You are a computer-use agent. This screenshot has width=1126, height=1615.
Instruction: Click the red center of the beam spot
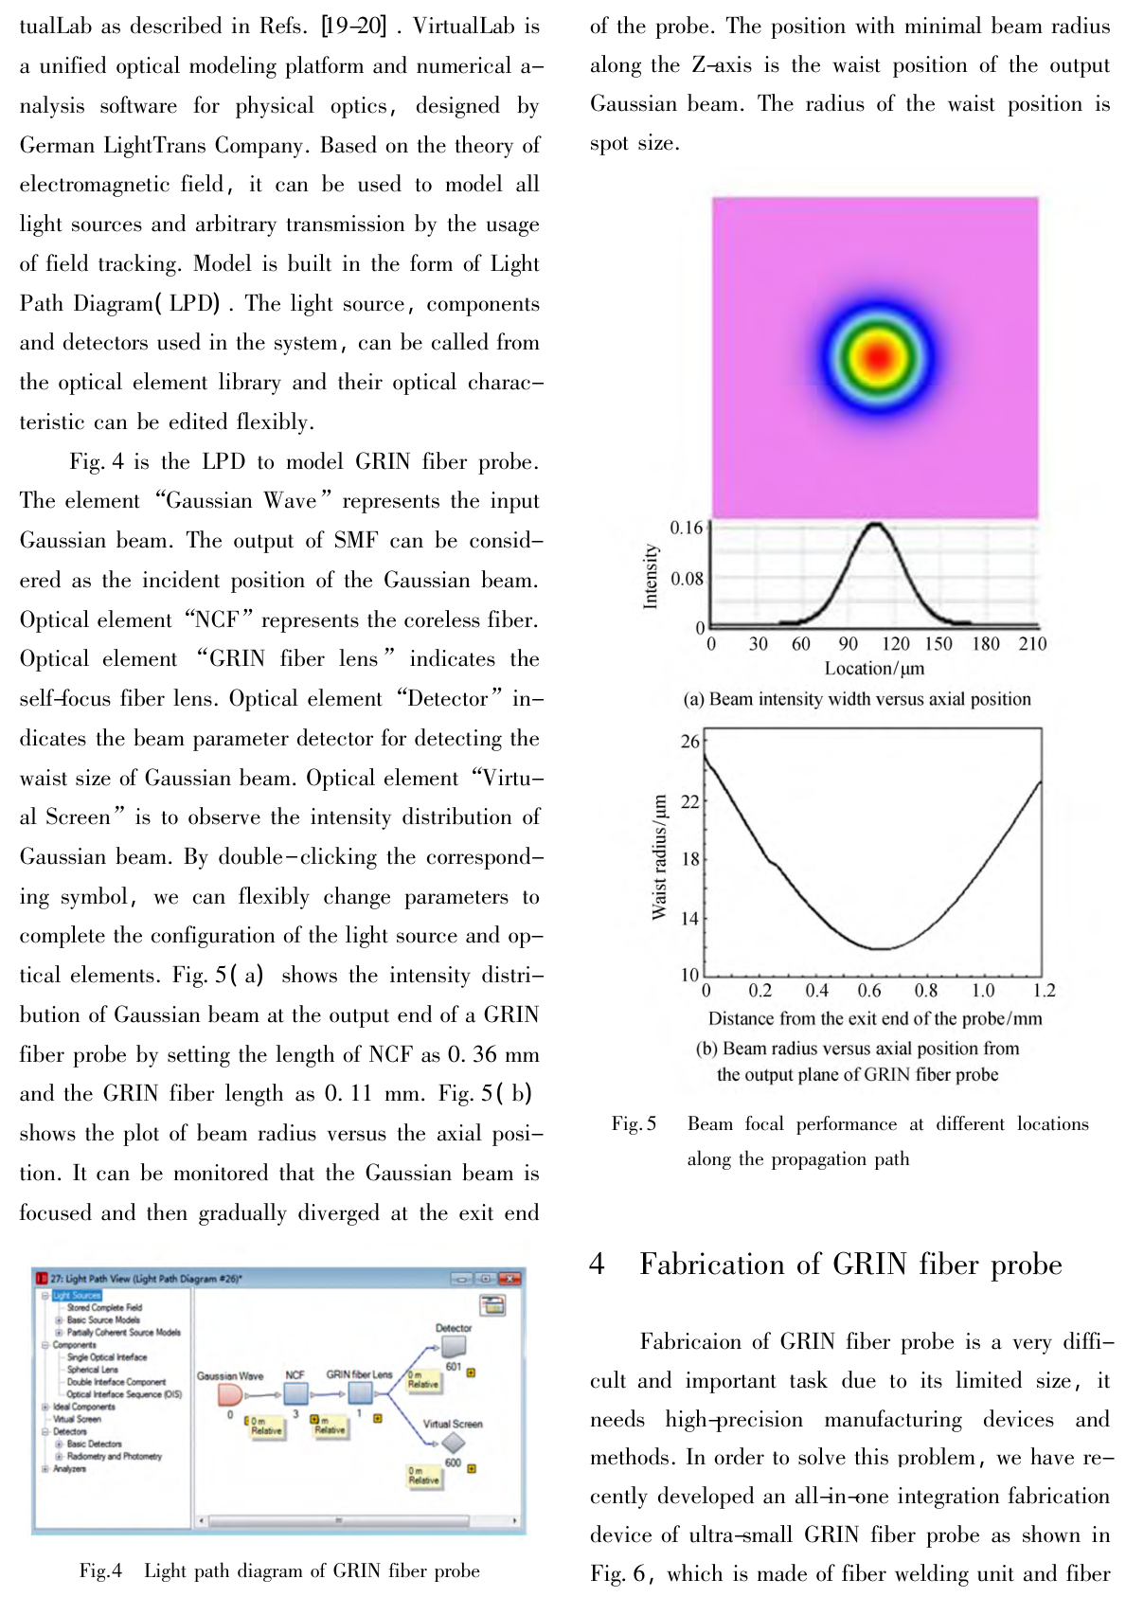pyautogui.click(x=879, y=357)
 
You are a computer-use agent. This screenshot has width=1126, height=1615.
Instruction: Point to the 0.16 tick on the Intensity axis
pyautogui.click(x=687, y=528)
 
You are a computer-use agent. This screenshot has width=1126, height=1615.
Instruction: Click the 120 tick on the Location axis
pyautogui.click(x=895, y=644)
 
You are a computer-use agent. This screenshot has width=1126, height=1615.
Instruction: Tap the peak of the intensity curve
pyautogui.click(x=875, y=524)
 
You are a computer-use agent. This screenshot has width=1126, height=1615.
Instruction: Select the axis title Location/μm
pyautogui.click(x=874, y=669)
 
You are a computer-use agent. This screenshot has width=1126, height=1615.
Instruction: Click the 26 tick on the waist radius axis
pyautogui.click(x=690, y=741)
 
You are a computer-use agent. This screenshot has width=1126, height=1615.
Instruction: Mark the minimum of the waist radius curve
pyautogui.click(x=881, y=948)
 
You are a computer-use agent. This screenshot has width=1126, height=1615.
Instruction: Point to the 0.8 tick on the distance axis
pyautogui.click(x=926, y=991)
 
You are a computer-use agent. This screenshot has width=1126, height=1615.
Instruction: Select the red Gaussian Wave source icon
pyautogui.click(x=230, y=1394)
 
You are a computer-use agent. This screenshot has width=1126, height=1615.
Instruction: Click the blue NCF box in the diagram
pyautogui.click(x=295, y=1393)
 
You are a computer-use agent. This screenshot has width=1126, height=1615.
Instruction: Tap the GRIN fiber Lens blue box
pyautogui.click(x=360, y=1392)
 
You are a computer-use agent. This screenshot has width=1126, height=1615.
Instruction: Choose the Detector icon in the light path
pyautogui.click(x=454, y=1345)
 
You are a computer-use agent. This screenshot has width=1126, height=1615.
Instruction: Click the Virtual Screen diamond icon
pyautogui.click(x=454, y=1443)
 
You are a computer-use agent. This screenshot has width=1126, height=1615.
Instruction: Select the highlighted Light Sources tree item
pyautogui.click(x=77, y=1295)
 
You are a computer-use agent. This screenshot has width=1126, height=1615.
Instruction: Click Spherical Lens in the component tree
pyautogui.click(x=93, y=1369)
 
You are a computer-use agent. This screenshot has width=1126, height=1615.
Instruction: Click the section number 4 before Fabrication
pyautogui.click(x=597, y=1265)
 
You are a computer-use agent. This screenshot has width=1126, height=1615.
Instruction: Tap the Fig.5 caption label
pyautogui.click(x=634, y=1124)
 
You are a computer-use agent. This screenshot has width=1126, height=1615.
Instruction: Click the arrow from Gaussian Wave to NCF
pyautogui.click(x=262, y=1395)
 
